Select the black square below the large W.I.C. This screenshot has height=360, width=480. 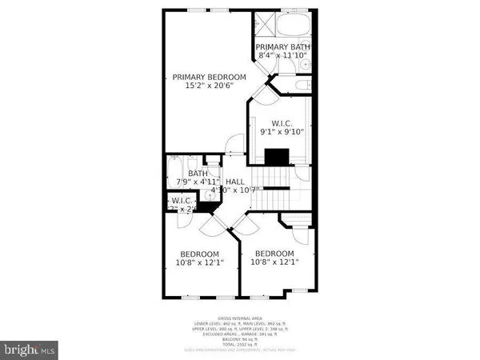277,156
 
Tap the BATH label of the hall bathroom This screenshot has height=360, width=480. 198,173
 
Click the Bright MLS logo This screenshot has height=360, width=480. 29,349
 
